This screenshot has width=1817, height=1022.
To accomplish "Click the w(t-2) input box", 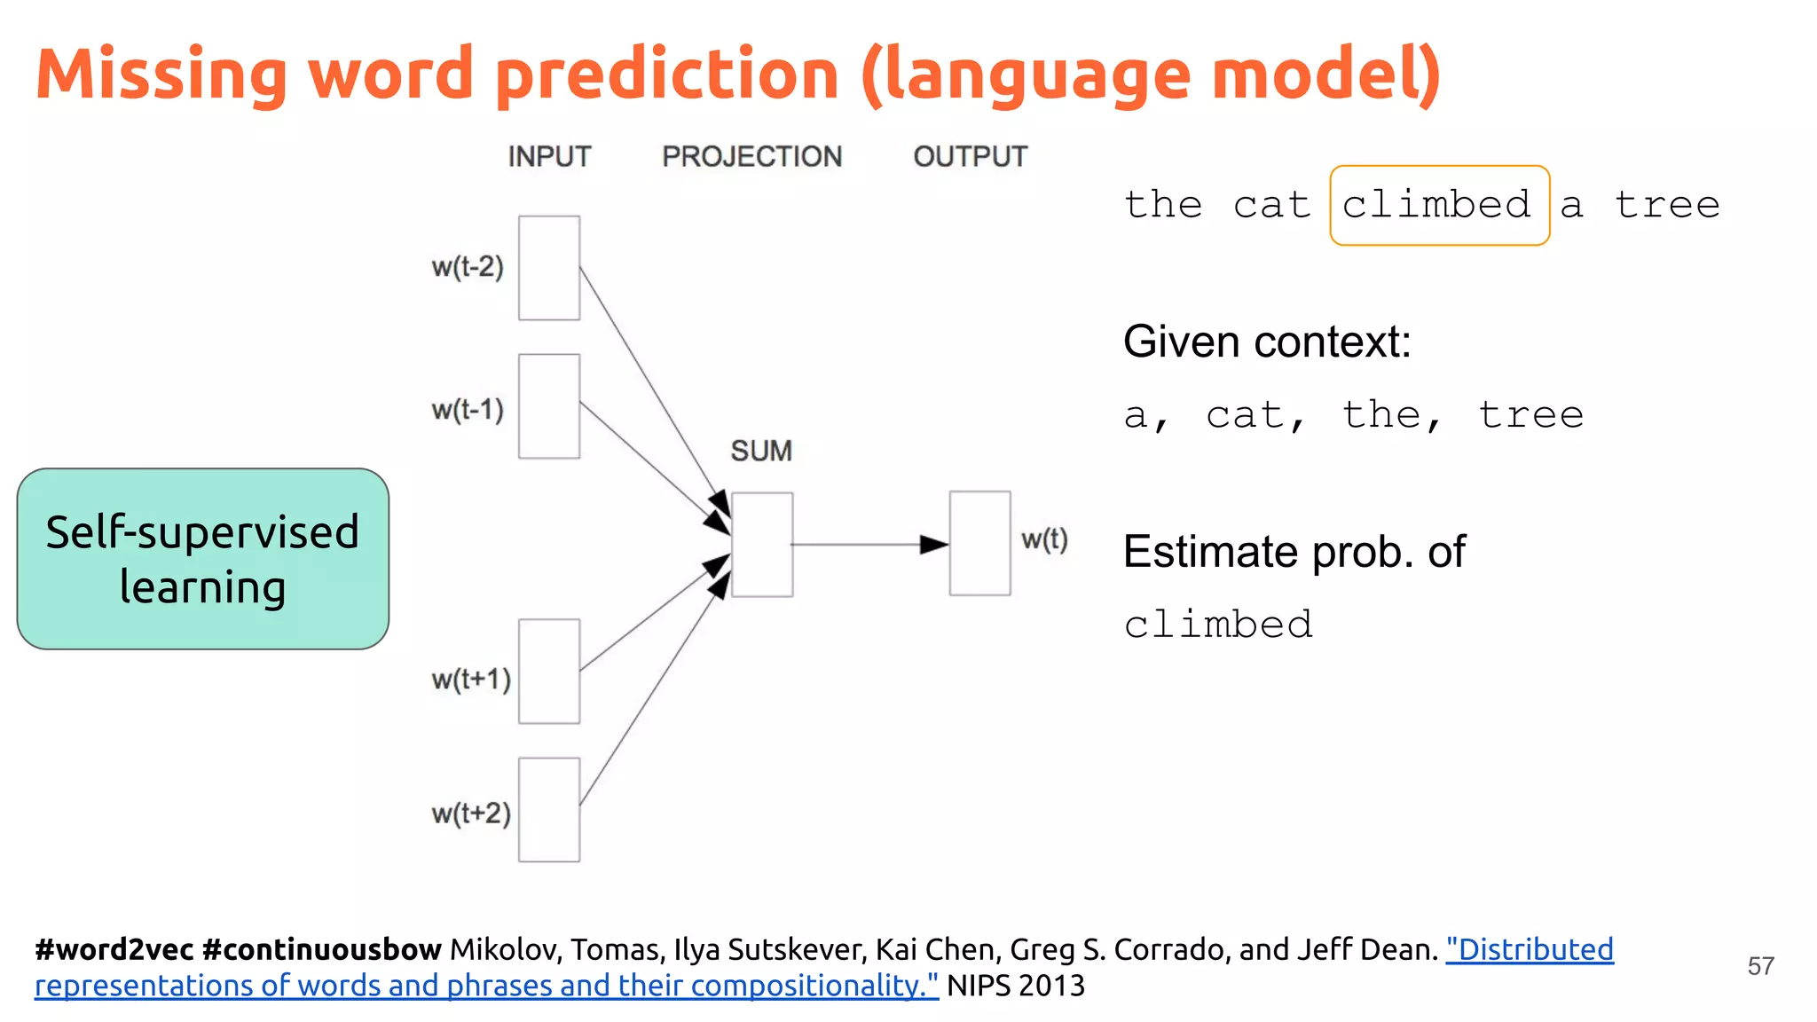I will tap(549, 268).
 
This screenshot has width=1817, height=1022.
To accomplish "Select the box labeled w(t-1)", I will tap(549, 406).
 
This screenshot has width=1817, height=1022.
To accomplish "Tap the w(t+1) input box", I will tap(549, 672).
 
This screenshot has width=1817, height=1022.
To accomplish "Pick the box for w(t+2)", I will tap(549, 810).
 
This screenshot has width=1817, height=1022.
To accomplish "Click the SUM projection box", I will tap(762, 545).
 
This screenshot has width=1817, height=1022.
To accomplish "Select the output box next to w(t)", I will tap(979, 543).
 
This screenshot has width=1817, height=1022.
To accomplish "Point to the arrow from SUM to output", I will tap(869, 544).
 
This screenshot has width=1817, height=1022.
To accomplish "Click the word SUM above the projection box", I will tap(761, 451).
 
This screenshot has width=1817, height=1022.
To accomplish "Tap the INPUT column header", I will tap(549, 157).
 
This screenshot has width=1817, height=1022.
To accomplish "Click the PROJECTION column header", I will tap(751, 157).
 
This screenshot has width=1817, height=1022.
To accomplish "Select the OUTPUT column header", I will tap(970, 157).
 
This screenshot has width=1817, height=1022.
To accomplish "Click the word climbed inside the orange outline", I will tap(1437, 205).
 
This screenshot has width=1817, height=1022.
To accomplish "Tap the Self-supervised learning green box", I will tap(202, 559).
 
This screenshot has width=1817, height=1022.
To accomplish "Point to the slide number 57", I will tap(1760, 966).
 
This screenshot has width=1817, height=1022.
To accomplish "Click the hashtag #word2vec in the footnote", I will tap(114, 950).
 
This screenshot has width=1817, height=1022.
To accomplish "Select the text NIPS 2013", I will tap(1015, 986).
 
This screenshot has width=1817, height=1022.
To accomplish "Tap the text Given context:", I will tap(1266, 342).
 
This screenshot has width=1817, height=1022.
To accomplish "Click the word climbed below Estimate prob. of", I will tap(1217, 625).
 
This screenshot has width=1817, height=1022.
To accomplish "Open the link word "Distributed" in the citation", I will tap(1530, 950).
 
